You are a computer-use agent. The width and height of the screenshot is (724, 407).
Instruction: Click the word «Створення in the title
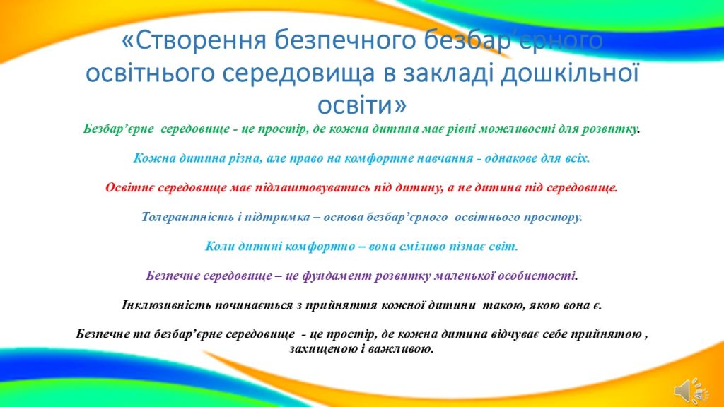[194, 40]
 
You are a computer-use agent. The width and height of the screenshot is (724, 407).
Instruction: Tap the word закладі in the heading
[445, 73]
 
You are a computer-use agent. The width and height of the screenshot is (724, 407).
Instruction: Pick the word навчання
[445, 158]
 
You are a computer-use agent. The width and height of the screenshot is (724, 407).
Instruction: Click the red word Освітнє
[130, 188]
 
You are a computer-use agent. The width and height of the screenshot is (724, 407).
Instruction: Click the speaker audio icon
[691, 391]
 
